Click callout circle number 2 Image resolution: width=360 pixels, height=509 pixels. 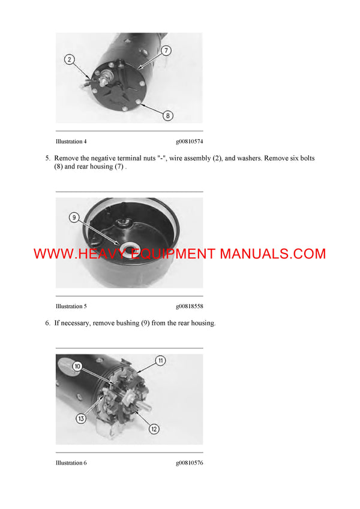coord(70,59)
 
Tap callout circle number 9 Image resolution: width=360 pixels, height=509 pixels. coord(74,218)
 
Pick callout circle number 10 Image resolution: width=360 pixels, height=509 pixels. coord(77,366)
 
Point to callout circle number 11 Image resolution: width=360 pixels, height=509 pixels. coord(161,360)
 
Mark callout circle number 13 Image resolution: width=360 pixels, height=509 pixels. coord(81,419)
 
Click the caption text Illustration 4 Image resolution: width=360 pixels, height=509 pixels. coord(71,141)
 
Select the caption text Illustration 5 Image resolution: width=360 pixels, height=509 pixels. coord(71,306)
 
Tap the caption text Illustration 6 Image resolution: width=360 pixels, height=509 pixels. coord(71,463)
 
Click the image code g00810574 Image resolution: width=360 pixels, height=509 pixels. coord(189,141)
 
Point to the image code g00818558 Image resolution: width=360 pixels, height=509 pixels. coord(189,306)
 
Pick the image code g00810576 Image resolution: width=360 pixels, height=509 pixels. coord(189,463)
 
